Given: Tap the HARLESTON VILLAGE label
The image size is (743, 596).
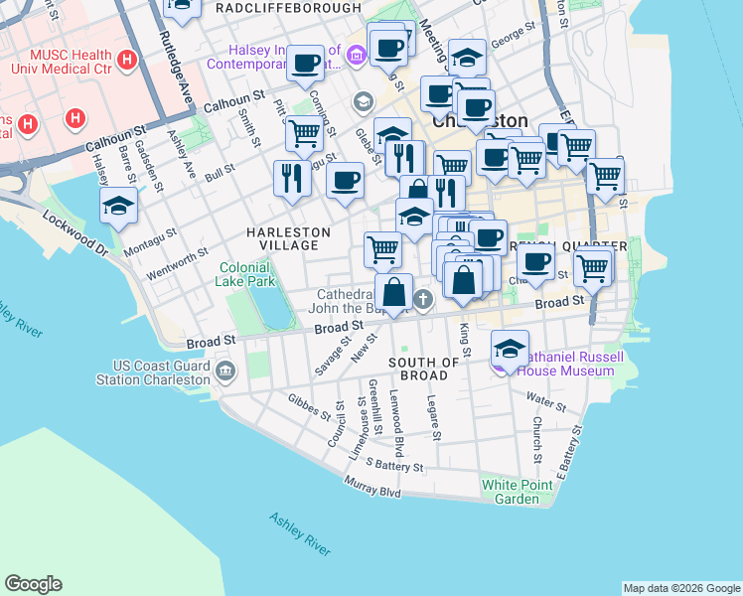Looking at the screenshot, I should (288, 238).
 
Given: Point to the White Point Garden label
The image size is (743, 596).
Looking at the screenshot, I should (511, 492).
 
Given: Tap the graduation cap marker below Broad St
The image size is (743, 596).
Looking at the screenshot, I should (510, 350).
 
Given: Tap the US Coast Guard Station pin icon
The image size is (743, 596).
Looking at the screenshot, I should (225, 372).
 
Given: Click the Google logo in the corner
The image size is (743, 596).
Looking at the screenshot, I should (33, 584).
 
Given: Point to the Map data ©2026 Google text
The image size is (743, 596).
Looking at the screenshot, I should (681, 588).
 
